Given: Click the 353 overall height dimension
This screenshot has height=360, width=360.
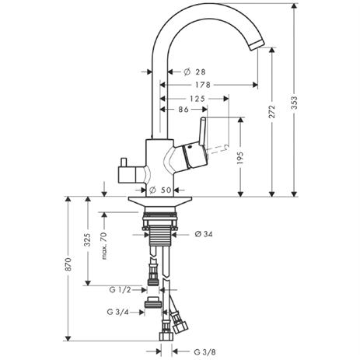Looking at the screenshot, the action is [x=295, y=103].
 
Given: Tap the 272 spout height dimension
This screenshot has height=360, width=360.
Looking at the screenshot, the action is [x=272, y=112].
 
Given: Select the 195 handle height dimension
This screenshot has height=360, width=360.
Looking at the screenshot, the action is [x=240, y=158].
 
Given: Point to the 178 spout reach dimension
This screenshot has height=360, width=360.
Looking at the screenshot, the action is [x=203, y=85].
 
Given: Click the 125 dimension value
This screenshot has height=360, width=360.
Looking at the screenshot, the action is [x=197, y=99].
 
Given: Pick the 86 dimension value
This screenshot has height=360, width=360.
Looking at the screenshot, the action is [x=183, y=110].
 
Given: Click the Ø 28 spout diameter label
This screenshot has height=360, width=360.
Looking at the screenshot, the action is [x=194, y=72].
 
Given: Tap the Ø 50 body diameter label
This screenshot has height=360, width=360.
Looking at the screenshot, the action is [x=160, y=190].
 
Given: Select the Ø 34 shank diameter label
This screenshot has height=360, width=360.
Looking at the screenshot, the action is [x=204, y=234].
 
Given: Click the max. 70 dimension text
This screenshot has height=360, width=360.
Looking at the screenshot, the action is [x=104, y=246].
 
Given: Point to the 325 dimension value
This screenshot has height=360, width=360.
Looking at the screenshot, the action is [x=88, y=240].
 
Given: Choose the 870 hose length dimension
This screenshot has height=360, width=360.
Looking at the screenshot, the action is [x=68, y=264].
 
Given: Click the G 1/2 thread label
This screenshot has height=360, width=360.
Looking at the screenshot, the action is [x=120, y=290].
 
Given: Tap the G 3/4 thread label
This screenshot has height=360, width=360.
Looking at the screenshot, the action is [x=117, y=312].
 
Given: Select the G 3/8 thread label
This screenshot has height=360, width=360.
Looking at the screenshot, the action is [x=204, y=351].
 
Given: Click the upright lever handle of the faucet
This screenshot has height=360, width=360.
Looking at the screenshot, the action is [x=203, y=131].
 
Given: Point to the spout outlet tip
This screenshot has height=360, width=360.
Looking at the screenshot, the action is [x=257, y=45].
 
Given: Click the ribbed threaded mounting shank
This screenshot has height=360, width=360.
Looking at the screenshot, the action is [x=160, y=235].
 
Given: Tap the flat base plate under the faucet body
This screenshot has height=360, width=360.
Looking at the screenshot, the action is [x=160, y=201].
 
